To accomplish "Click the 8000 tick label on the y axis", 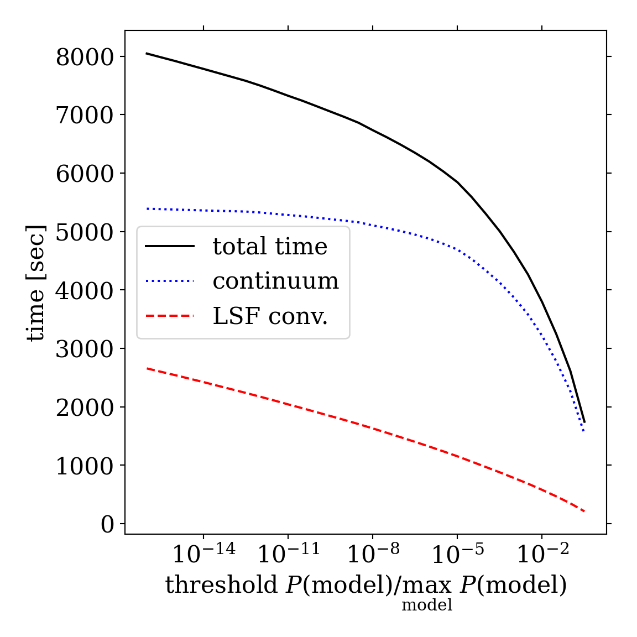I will pyautogui.click(x=85, y=57).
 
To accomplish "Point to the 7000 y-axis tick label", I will pyautogui.click(x=85, y=115).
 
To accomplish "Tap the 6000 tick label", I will pyautogui.click(x=85, y=174).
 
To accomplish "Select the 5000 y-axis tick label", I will pyautogui.click(x=85, y=232).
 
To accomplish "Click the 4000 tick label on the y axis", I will pyautogui.click(x=85, y=290).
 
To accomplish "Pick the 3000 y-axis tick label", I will pyautogui.click(x=85, y=349).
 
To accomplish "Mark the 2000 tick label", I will pyautogui.click(x=85, y=408).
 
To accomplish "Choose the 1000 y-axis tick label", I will pyautogui.click(x=85, y=466).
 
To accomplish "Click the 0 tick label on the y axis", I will pyautogui.click(x=107, y=524).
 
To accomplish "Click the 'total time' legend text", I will pyautogui.click(x=270, y=247).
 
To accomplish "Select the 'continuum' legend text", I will pyautogui.click(x=275, y=281).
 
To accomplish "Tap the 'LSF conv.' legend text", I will pyautogui.click(x=270, y=316).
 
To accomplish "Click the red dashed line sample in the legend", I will pyautogui.click(x=170, y=316).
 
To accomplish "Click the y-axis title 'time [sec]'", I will pyautogui.click(x=36, y=283).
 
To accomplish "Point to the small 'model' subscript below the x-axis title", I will pyautogui.click(x=427, y=605).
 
